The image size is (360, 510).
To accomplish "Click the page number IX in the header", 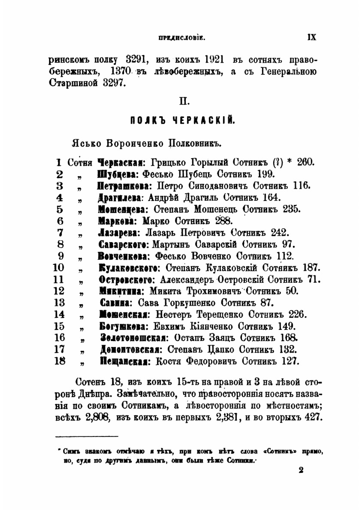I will tap(311, 37).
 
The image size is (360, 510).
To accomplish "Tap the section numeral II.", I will tap(184, 102).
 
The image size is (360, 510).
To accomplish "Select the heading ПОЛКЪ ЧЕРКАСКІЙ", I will tap(183, 120).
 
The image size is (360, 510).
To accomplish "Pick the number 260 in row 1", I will tap(306, 162).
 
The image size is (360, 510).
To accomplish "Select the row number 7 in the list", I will tap(60, 233).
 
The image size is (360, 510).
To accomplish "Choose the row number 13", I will tap(59, 303).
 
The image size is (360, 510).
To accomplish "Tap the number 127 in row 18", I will tap(291, 361).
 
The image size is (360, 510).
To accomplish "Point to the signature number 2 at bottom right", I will tap(301, 470).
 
